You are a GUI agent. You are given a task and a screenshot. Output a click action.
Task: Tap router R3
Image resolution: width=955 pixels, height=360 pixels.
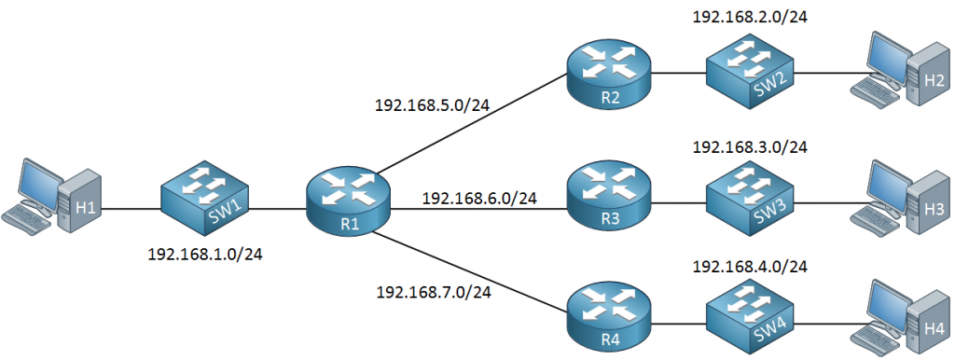pyautogui.click(x=608, y=197)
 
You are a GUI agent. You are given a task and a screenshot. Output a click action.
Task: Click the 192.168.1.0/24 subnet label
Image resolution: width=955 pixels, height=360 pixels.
pyautogui.click(x=205, y=255)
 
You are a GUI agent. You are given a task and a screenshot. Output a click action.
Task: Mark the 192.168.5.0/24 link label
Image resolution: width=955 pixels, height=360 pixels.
pyautogui.click(x=433, y=104)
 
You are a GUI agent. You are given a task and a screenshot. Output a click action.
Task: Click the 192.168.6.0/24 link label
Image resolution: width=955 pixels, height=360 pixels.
pyautogui.click(x=479, y=198)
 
